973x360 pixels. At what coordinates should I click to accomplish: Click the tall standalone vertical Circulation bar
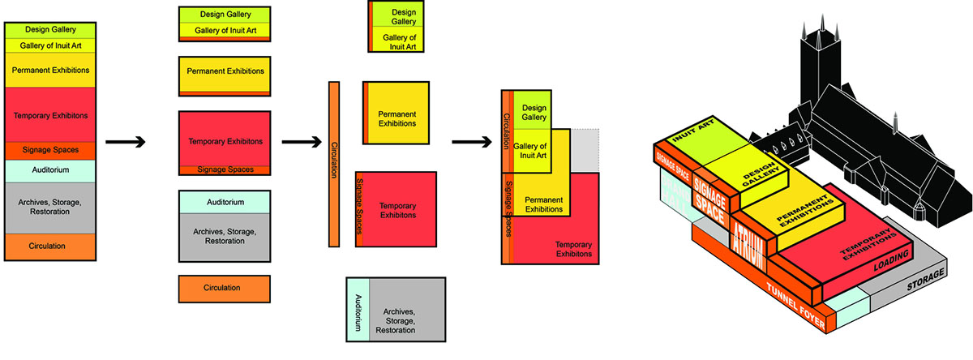tap(333, 162)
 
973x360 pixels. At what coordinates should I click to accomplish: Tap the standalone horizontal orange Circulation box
tap(224, 288)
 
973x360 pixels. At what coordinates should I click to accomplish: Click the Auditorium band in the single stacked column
tap(50, 171)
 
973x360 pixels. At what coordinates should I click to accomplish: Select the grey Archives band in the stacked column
tap(50, 208)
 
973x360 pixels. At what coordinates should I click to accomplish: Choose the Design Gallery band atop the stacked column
tap(50, 30)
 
